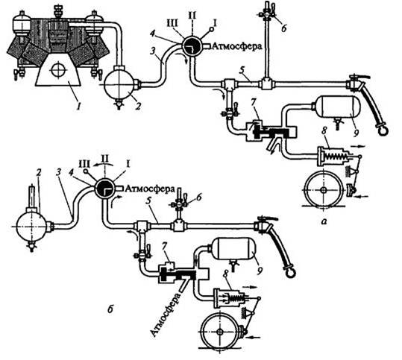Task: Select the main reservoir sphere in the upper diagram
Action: (x=119, y=84)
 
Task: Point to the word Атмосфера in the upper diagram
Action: (x=237, y=46)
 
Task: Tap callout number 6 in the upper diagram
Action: (x=283, y=28)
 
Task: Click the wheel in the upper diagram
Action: (x=324, y=190)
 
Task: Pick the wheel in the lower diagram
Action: (x=219, y=332)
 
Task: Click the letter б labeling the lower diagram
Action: (x=110, y=309)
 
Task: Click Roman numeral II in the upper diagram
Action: (x=192, y=16)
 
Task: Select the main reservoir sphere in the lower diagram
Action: (x=31, y=227)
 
